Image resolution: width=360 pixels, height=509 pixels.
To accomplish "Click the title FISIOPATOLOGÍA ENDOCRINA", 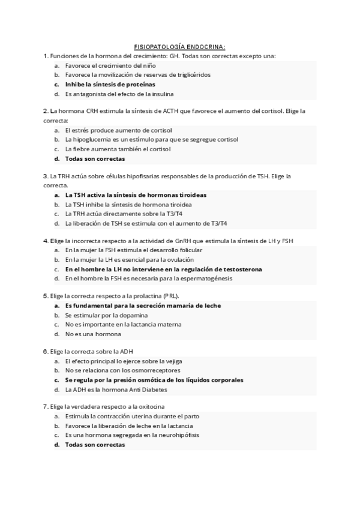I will coord(180,46).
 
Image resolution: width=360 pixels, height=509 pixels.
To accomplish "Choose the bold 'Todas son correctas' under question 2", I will coord(95,159).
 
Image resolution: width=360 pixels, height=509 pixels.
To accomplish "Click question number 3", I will coord(46,176).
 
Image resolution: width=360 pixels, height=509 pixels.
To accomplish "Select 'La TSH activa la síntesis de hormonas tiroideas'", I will coord(135,195).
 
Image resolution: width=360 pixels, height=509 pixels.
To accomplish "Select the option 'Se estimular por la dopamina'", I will coord(107,315).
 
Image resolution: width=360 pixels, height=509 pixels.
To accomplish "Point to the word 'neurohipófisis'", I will coord(178,435).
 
